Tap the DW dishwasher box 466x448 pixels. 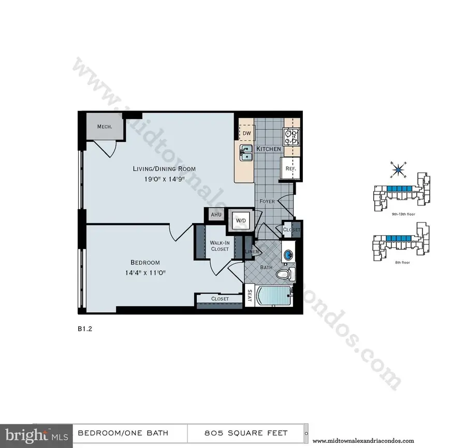pyautogui.click(x=247, y=134)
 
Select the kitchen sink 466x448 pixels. pyautogui.click(x=246, y=153)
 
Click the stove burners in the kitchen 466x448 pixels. pyautogui.click(x=291, y=137)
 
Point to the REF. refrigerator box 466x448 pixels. pyautogui.click(x=288, y=169)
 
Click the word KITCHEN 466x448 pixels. pyautogui.click(x=268, y=149)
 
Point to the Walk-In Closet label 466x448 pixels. pyautogui.click(x=220, y=246)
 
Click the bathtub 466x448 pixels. pyautogui.click(x=274, y=297)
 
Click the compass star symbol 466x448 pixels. pyautogui.click(x=400, y=169)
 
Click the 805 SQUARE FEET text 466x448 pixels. pyautogui.click(x=246, y=433)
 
